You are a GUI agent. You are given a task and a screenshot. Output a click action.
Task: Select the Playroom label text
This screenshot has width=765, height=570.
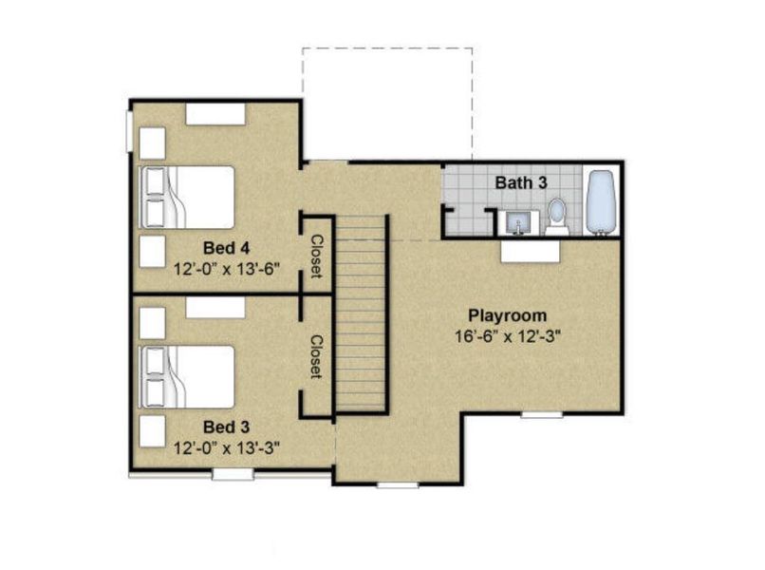click(x=508, y=315)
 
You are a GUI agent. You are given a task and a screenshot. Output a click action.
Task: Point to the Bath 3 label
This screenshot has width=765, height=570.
click(x=521, y=181)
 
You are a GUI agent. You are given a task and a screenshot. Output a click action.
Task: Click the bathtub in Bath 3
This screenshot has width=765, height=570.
click(x=601, y=201)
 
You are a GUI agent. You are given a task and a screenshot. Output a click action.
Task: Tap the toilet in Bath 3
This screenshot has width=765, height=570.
click(x=557, y=216)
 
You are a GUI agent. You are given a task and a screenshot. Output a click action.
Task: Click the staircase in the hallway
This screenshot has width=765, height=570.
click(x=362, y=313)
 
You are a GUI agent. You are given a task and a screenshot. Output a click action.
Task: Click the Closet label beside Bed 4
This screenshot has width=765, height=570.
click(x=317, y=256)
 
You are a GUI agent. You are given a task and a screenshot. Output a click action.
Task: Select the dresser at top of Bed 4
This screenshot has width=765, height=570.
click(x=215, y=114)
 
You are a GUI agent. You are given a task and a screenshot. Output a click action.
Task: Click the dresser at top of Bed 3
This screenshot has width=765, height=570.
click(x=215, y=307)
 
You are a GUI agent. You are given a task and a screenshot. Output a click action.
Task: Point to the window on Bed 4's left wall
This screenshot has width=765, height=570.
click(x=131, y=130)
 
